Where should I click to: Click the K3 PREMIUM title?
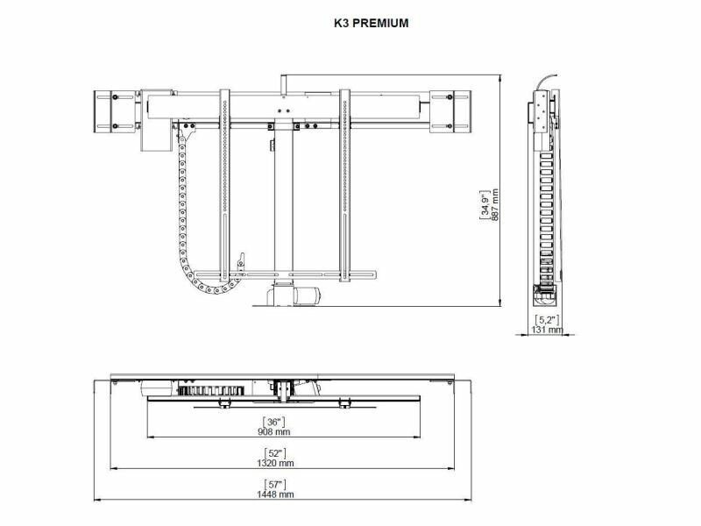371,24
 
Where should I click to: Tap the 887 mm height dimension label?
495,205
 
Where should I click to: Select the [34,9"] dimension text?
485,205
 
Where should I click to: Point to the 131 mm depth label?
547,330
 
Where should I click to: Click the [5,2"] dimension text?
547,320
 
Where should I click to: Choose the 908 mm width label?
273,431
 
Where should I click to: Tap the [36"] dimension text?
273,422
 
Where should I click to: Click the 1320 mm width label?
275,463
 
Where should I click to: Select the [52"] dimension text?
275,453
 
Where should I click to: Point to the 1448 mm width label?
275,494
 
